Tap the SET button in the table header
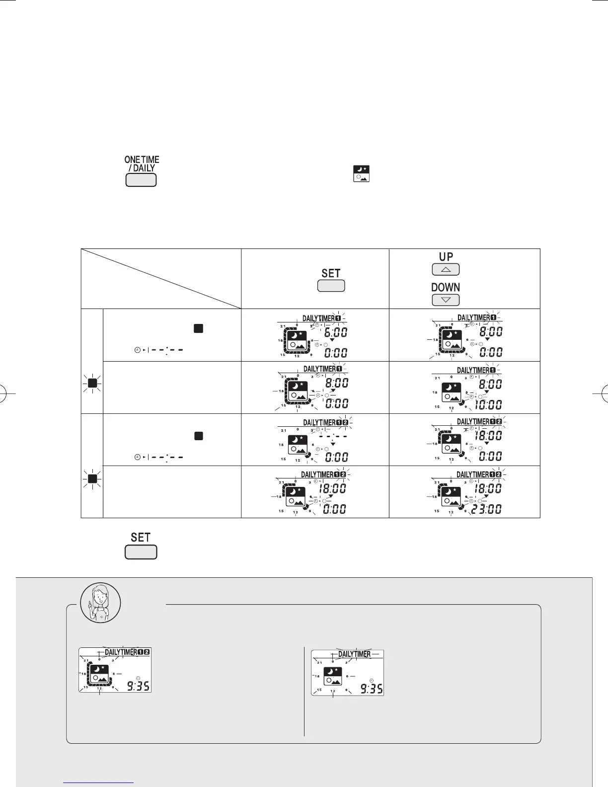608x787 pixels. tap(331, 286)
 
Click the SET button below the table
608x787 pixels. tap(141, 552)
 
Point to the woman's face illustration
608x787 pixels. tap(101, 603)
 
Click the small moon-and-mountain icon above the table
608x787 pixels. tap(361, 174)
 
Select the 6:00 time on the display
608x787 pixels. tap(336, 332)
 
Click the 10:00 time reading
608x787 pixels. tap(488, 405)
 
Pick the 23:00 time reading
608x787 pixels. tap(487, 509)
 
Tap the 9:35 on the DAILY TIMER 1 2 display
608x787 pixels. tap(137, 686)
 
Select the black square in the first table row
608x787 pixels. tap(199, 328)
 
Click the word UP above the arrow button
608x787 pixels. tap(446, 257)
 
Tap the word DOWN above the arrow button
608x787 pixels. tap(446, 287)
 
